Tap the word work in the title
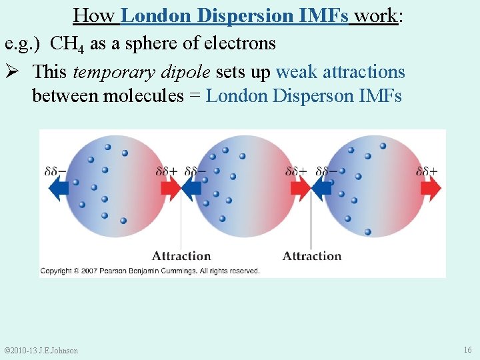[375, 15]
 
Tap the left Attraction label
[181, 255]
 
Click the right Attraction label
[312, 255]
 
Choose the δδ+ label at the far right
[427, 171]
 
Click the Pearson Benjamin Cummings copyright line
[150, 271]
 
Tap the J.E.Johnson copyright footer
[41, 351]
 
